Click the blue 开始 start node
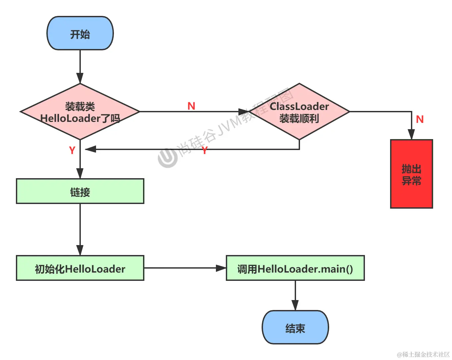click(x=80, y=33)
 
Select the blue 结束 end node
click(x=295, y=327)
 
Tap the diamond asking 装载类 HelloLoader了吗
click(x=80, y=112)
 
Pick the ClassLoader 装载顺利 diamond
click(x=299, y=112)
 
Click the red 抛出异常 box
click(x=412, y=174)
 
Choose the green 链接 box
click(x=80, y=191)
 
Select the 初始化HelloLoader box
click(x=80, y=268)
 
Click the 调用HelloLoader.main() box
click(x=295, y=268)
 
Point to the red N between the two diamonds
click(x=191, y=106)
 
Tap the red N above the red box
click(x=420, y=119)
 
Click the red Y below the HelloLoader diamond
click(x=72, y=150)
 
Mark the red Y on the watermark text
click(x=205, y=150)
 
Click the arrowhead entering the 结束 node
click(x=295, y=305)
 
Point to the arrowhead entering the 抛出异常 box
click(x=411, y=134)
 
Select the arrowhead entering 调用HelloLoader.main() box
click(x=221, y=268)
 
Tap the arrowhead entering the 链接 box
click(x=80, y=173)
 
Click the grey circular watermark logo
click(x=168, y=157)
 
